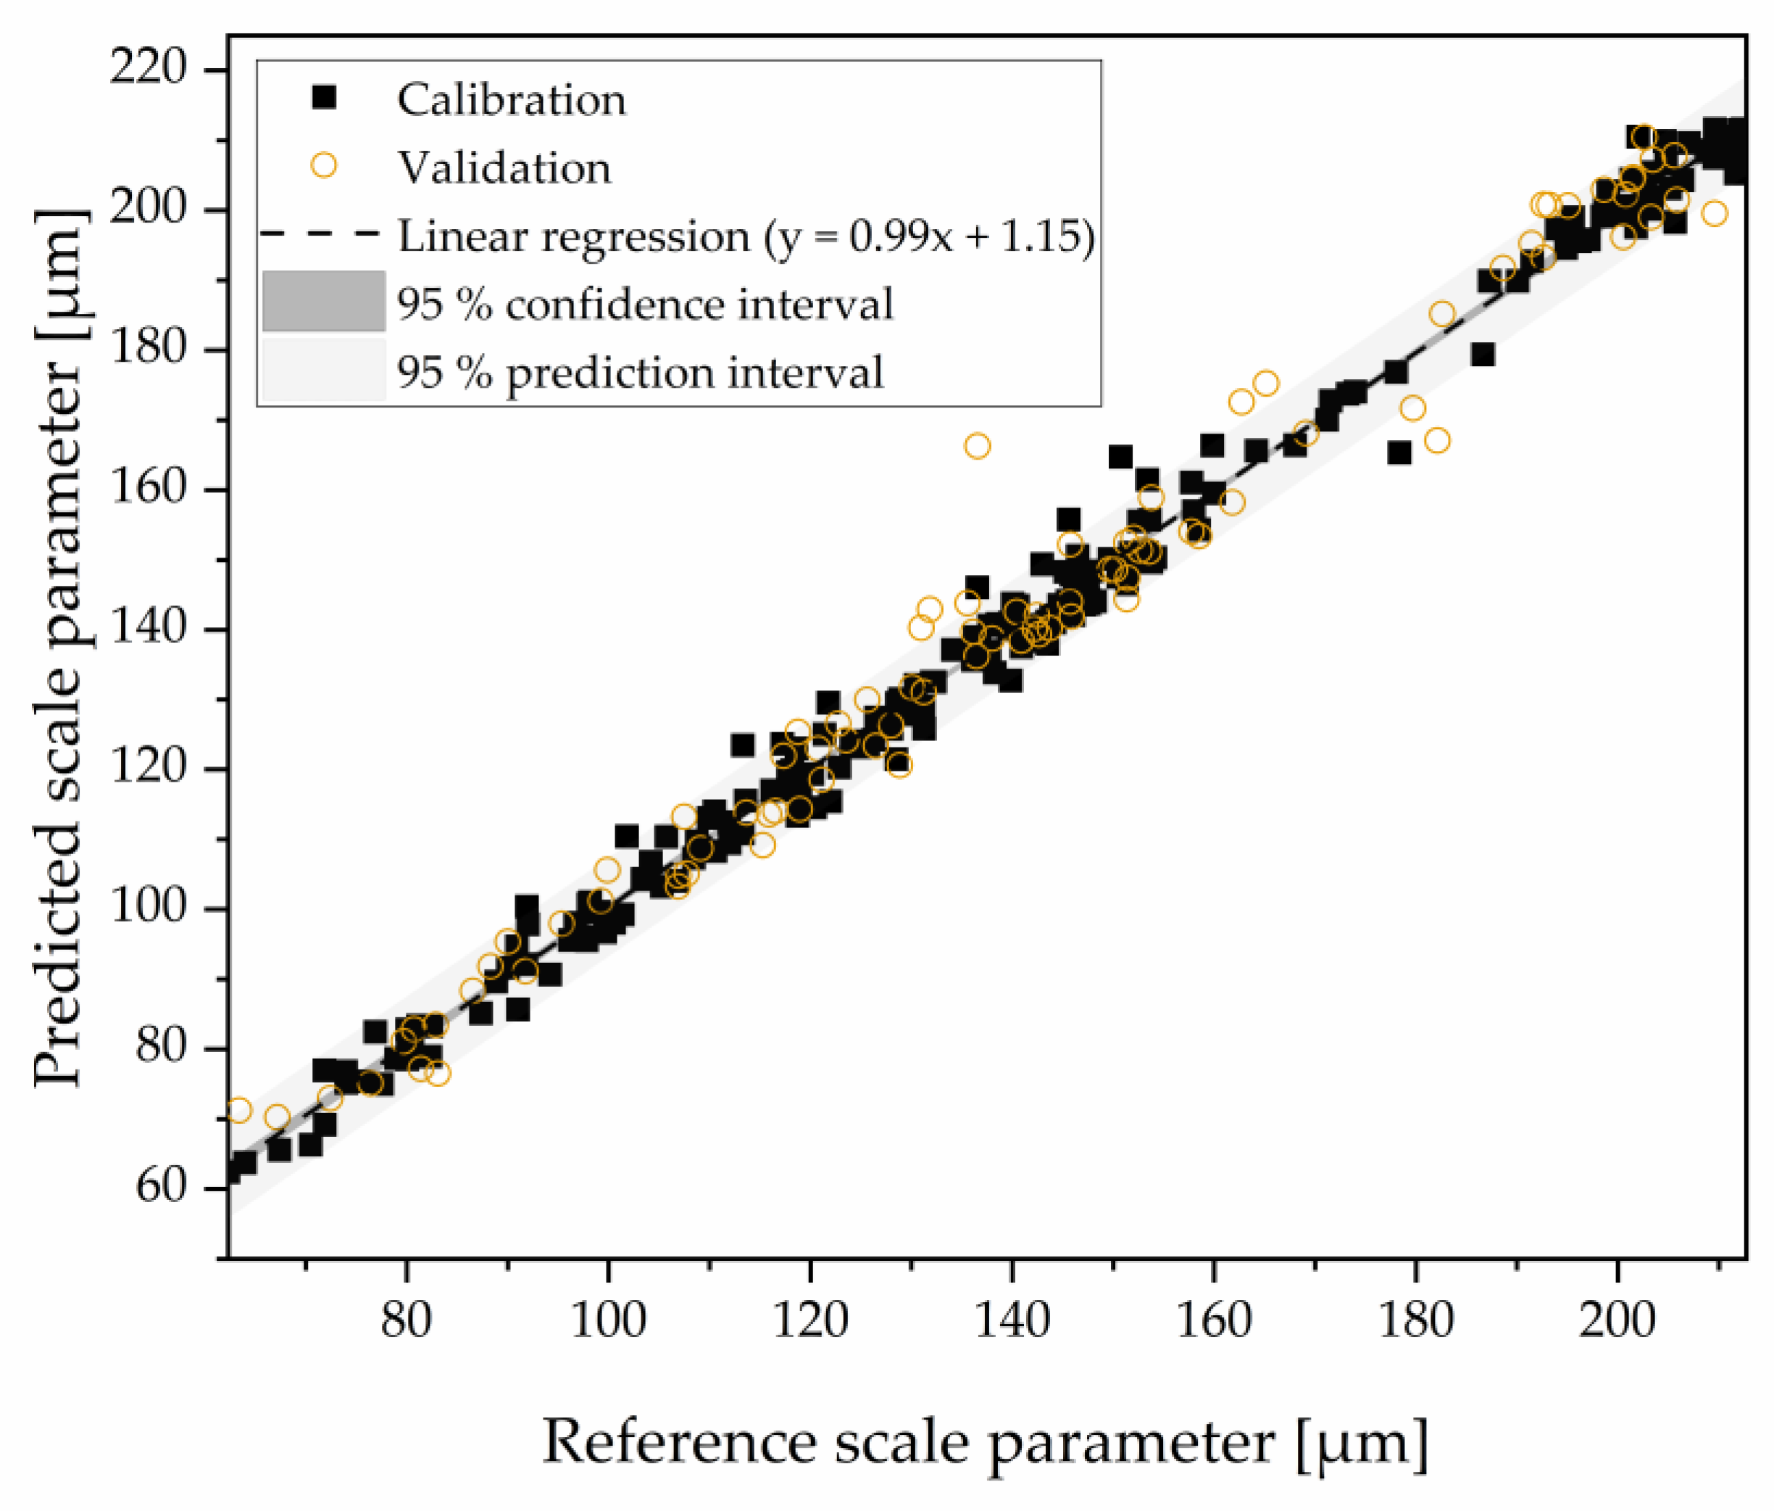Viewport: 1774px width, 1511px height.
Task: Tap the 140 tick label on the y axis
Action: click(147, 628)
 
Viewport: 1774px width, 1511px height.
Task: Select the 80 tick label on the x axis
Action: click(406, 1320)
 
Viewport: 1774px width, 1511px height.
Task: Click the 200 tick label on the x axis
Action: click(1617, 1320)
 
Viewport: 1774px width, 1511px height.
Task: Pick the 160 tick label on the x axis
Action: click(1212, 1320)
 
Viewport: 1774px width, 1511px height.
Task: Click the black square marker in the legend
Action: click(324, 98)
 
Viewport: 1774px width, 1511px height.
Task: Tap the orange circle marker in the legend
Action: click(324, 165)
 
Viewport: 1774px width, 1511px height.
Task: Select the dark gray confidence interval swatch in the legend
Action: click(324, 302)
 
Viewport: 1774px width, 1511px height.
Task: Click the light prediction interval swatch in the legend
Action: click(324, 370)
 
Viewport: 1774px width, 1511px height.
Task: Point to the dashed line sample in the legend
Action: click(319, 233)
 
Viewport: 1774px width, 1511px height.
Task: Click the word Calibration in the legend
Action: click(511, 99)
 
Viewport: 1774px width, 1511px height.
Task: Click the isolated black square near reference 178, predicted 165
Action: click(1399, 453)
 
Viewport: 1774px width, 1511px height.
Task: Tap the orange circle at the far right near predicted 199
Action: click(1714, 213)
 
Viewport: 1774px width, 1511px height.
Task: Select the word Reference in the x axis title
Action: click(680, 1441)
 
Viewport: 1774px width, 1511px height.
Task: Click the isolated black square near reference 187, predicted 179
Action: click(1483, 355)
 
